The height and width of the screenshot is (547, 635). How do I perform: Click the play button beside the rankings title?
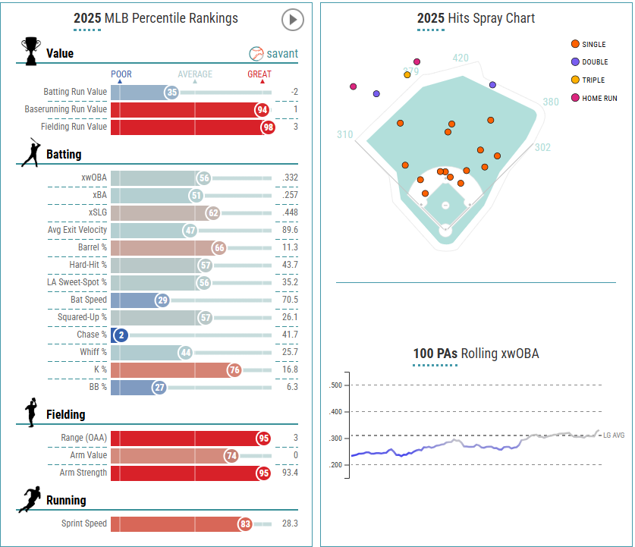292,19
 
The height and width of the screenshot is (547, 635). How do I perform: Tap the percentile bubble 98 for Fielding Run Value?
268,127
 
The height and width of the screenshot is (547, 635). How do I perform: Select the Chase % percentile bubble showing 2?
119,335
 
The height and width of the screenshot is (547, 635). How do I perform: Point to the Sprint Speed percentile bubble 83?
245,523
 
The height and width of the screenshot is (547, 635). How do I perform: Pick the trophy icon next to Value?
31,52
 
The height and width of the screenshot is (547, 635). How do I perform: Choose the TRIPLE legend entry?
593,80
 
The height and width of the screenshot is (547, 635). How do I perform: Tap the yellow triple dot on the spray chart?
407,74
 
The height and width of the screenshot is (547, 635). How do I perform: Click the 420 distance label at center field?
461,58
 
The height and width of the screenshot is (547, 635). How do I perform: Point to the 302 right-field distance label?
542,147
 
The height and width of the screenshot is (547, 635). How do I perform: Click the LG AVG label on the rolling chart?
614,435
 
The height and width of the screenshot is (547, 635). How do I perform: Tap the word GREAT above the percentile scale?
259,74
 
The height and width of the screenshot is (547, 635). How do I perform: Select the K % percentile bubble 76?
234,369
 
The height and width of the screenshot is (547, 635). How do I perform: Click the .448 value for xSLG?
288,212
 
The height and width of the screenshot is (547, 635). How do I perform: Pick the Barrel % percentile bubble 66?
219,247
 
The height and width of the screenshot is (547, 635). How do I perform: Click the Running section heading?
66,500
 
